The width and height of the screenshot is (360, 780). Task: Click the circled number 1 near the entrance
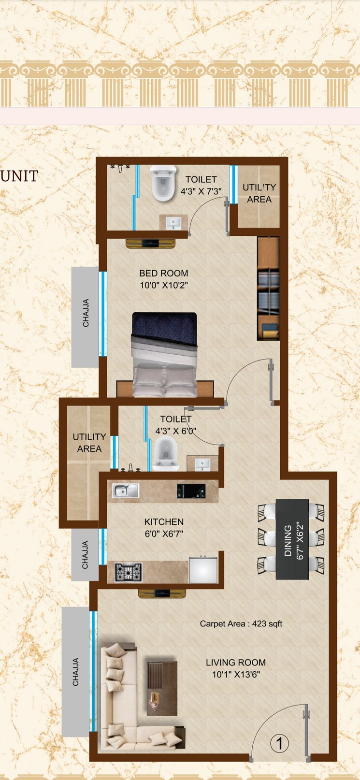[x=279, y=743]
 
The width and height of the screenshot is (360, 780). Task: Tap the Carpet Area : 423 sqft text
[x=241, y=623]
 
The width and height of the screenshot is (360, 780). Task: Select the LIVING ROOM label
[x=236, y=663]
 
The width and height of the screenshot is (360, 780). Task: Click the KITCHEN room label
[x=164, y=522]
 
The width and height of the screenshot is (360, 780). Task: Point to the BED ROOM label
[x=163, y=273]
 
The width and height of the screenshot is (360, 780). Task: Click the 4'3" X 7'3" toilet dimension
[x=201, y=191]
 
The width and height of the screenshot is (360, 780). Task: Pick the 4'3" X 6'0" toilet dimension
[x=175, y=431]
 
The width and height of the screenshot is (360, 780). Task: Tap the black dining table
[x=292, y=539]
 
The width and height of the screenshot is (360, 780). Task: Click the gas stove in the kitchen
[x=129, y=572]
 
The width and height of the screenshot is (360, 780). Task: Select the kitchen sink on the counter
[x=126, y=491]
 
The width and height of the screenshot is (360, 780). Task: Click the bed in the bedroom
[x=164, y=355]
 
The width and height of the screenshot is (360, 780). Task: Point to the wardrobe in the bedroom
[x=268, y=289]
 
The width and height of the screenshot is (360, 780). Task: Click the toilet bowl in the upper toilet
[x=162, y=184]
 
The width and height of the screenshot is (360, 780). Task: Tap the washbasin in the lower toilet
[x=202, y=464]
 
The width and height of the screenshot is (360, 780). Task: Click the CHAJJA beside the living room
[x=75, y=672]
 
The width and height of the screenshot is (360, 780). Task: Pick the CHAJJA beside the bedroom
[x=86, y=313]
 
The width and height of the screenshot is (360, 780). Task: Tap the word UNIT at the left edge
[x=19, y=176]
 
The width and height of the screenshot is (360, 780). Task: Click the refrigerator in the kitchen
[x=203, y=569]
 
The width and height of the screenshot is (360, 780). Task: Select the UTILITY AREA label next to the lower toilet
[x=89, y=443]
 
